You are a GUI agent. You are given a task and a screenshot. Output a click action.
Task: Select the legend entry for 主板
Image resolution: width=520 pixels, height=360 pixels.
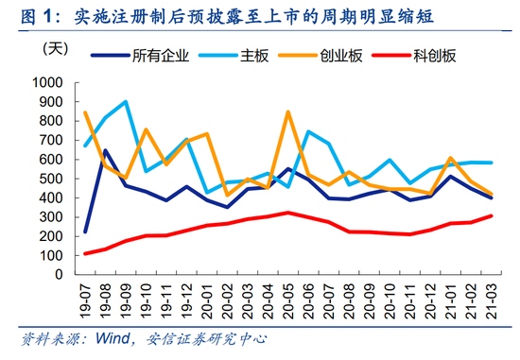click(257, 55)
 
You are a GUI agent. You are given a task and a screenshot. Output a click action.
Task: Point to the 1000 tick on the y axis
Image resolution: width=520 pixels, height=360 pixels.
click(46, 82)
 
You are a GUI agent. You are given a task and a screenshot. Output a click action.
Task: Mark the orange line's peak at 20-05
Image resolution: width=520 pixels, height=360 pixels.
click(287, 112)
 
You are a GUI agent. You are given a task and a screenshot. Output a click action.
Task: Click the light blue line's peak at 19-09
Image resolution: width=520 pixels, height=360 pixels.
click(126, 102)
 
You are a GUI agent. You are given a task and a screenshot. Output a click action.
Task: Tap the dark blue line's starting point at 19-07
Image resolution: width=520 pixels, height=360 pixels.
click(86, 231)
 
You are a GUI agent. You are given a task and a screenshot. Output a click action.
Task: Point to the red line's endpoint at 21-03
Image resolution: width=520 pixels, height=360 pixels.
click(490, 215)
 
